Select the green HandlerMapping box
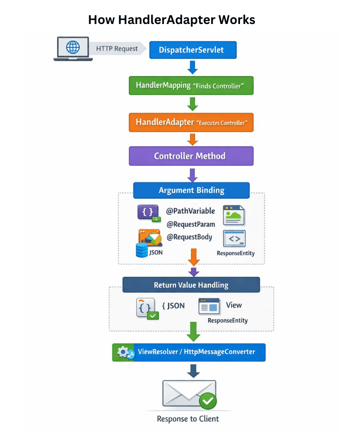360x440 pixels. (x=191, y=85)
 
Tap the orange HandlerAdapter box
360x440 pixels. (x=191, y=122)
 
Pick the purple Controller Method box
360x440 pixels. (x=191, y=156)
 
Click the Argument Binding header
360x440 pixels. (x=191, y=190)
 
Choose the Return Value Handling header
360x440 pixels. (x=191, y=285)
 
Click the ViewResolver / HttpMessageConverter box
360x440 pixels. (x=189, y=352)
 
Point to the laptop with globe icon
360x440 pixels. (x=72, y=49)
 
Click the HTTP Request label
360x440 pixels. (x=117, y=48)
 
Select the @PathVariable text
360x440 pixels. (x=190, y=211)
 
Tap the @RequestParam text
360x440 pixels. (x=191, y=224)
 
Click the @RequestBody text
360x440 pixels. (x=189, y=237)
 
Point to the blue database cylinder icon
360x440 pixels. (x=142, y=250)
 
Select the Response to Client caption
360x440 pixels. (x=188, y=419)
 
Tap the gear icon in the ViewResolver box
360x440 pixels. (x=123, y=352)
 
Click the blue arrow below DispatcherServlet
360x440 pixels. (x=192, y=67)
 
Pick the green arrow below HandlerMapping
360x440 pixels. (x=192, y=104)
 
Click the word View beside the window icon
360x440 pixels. (x=234, y=305)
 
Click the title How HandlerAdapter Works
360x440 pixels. (x=171, y=20)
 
